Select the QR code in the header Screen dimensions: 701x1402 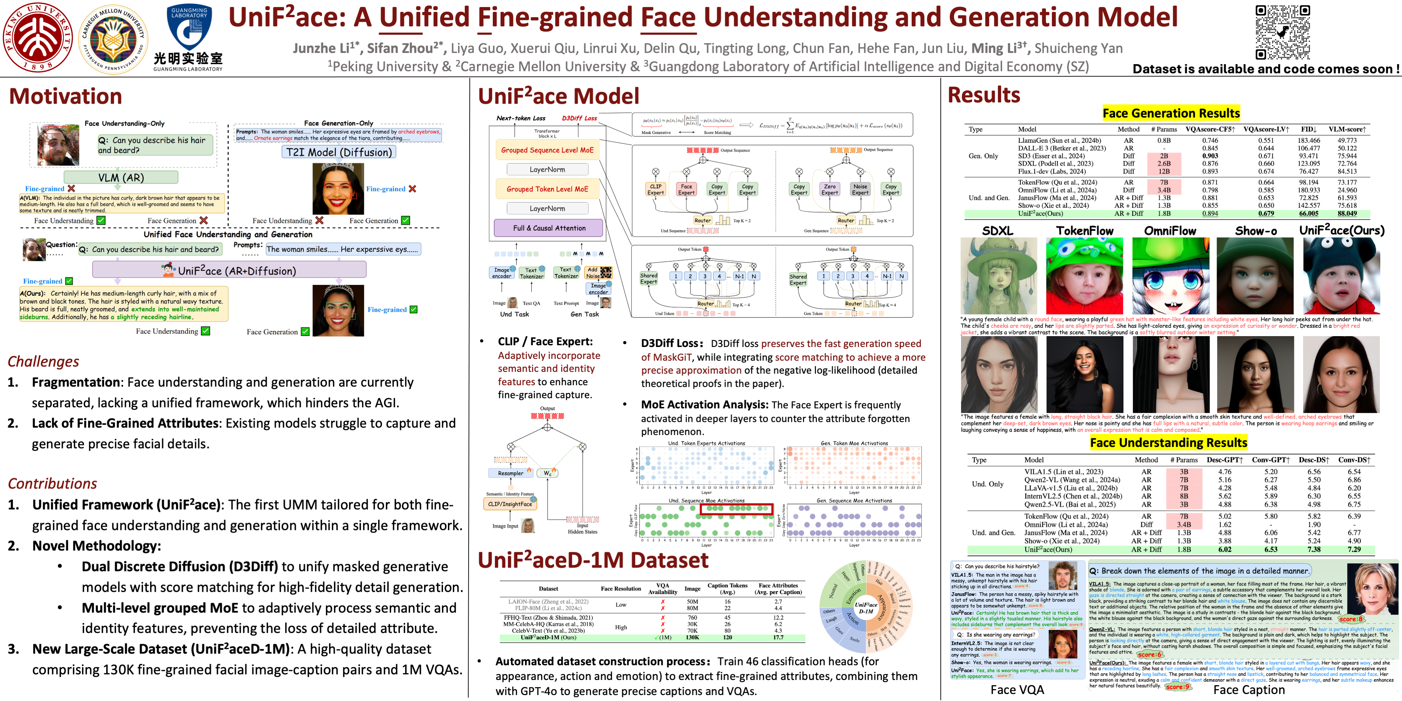[1282, 32]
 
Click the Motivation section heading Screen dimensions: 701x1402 [65, 96]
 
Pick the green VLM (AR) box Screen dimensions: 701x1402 [121, 177]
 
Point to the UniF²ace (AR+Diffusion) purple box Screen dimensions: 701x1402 [229, 270]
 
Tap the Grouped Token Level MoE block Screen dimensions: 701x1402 [547, 189]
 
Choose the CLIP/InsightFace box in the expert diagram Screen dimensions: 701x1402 [510, 504]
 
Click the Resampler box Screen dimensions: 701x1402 [511, 473]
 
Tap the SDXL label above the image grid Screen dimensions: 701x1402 [998, 231]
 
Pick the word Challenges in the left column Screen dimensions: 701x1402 [43, 361]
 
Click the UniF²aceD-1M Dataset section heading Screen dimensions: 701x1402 [593, 560]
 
